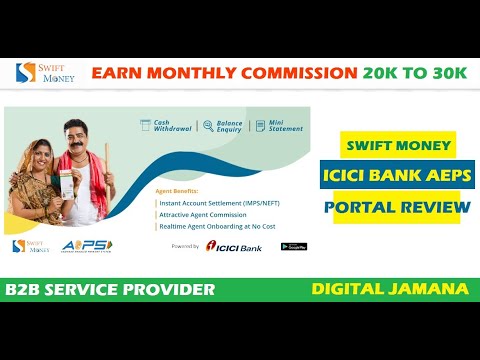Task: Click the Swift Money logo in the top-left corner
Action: click(x=38, y=74)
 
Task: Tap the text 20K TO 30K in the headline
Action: click(x=417, y=73)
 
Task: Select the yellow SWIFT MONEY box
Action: click(x=398, y=146)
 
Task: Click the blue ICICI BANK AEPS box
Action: click(x=398, y=177)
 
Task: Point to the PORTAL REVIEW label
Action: click(x=398, y=207)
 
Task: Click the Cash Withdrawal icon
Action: click(x=146, y=126)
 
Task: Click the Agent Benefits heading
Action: click(x=177, y=189)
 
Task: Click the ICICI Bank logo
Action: click(x=233, y=246)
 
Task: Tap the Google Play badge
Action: click(x=293, y=246)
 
